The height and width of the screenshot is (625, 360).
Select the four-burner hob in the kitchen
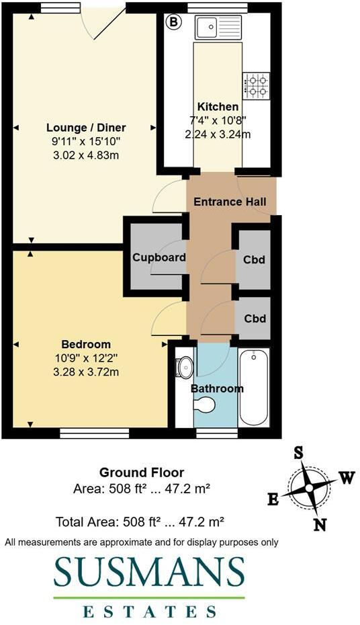(256, 85)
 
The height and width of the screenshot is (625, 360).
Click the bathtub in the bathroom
(255, 388)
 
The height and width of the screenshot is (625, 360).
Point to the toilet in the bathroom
(204, 404)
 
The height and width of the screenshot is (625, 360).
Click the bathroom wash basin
(184, 367)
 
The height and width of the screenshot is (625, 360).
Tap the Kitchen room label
(218, 107)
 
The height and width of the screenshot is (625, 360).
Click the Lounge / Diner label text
(86, 128)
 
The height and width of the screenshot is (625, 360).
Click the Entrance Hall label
(230, 202)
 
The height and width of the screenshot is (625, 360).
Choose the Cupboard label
(159, 257)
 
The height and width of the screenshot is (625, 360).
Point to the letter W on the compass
(346, 478)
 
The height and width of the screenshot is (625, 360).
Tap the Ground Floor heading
(142, 472)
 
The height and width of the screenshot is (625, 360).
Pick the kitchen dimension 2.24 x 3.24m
(218, 134)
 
